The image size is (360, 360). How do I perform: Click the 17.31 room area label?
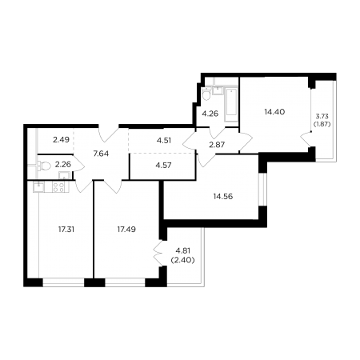click(x=66, y=230)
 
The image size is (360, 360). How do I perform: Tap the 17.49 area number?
click(x=126, y=230)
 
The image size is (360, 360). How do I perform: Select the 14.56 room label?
click(x=223, y=197)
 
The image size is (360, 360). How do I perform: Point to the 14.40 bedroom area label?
click(x=274, y=112)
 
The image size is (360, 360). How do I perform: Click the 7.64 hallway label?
click(x=101, y=154)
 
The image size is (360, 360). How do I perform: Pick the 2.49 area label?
click(x=61, y=139)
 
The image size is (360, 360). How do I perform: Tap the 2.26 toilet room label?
click(x=63, y=164)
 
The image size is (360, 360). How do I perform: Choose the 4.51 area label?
click(x=164, y=141)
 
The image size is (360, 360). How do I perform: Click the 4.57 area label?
click(x=163, y=166)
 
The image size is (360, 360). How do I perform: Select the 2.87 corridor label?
click(x=217, y=145)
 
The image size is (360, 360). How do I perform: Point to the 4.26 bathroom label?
click(x=210, y=114)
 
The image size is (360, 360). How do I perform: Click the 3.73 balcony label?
click(x=322, y=116)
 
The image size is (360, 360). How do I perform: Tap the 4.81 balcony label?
click(x=183, y=250)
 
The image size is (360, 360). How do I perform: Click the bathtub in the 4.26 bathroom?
click(x=231, y=105)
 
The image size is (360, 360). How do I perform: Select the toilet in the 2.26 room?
click(x=44, y=166)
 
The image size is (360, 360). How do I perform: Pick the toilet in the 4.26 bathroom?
click(x=206, y=94)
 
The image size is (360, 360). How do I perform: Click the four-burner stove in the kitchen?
click(x=58, y=186)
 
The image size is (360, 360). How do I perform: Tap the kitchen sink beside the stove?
click(x=39, y=186)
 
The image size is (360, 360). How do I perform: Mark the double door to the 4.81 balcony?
click(x=158, y=254)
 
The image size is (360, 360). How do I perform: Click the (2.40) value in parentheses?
click(x=183, y=260)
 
